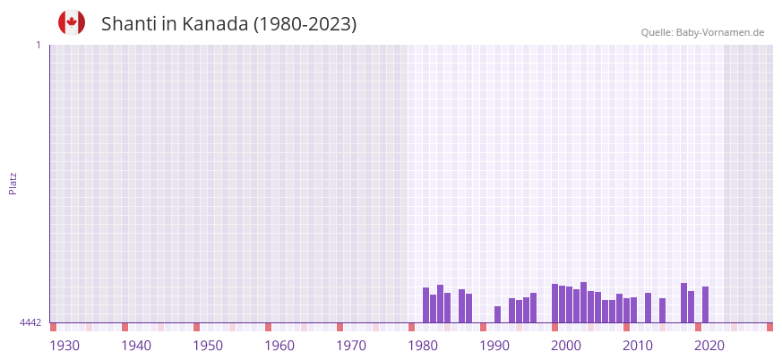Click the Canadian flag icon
(72, 22)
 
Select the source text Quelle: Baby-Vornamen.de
(702, 32)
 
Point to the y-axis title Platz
(13, 184)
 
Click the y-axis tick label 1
(38, 45)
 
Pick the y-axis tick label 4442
(30, 322)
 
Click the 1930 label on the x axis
(64, 346)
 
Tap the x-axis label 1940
(136, 346)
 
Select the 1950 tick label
(208, 346)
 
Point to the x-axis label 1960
(279, 346)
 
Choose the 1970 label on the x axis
(351, 346)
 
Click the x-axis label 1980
(423, 346)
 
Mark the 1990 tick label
(494, 346)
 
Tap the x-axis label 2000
(566, 346)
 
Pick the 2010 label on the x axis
(638, 346)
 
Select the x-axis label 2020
(709, 346)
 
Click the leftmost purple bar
(426, 305)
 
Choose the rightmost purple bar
(706, 304)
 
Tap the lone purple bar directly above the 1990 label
(498, 314)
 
